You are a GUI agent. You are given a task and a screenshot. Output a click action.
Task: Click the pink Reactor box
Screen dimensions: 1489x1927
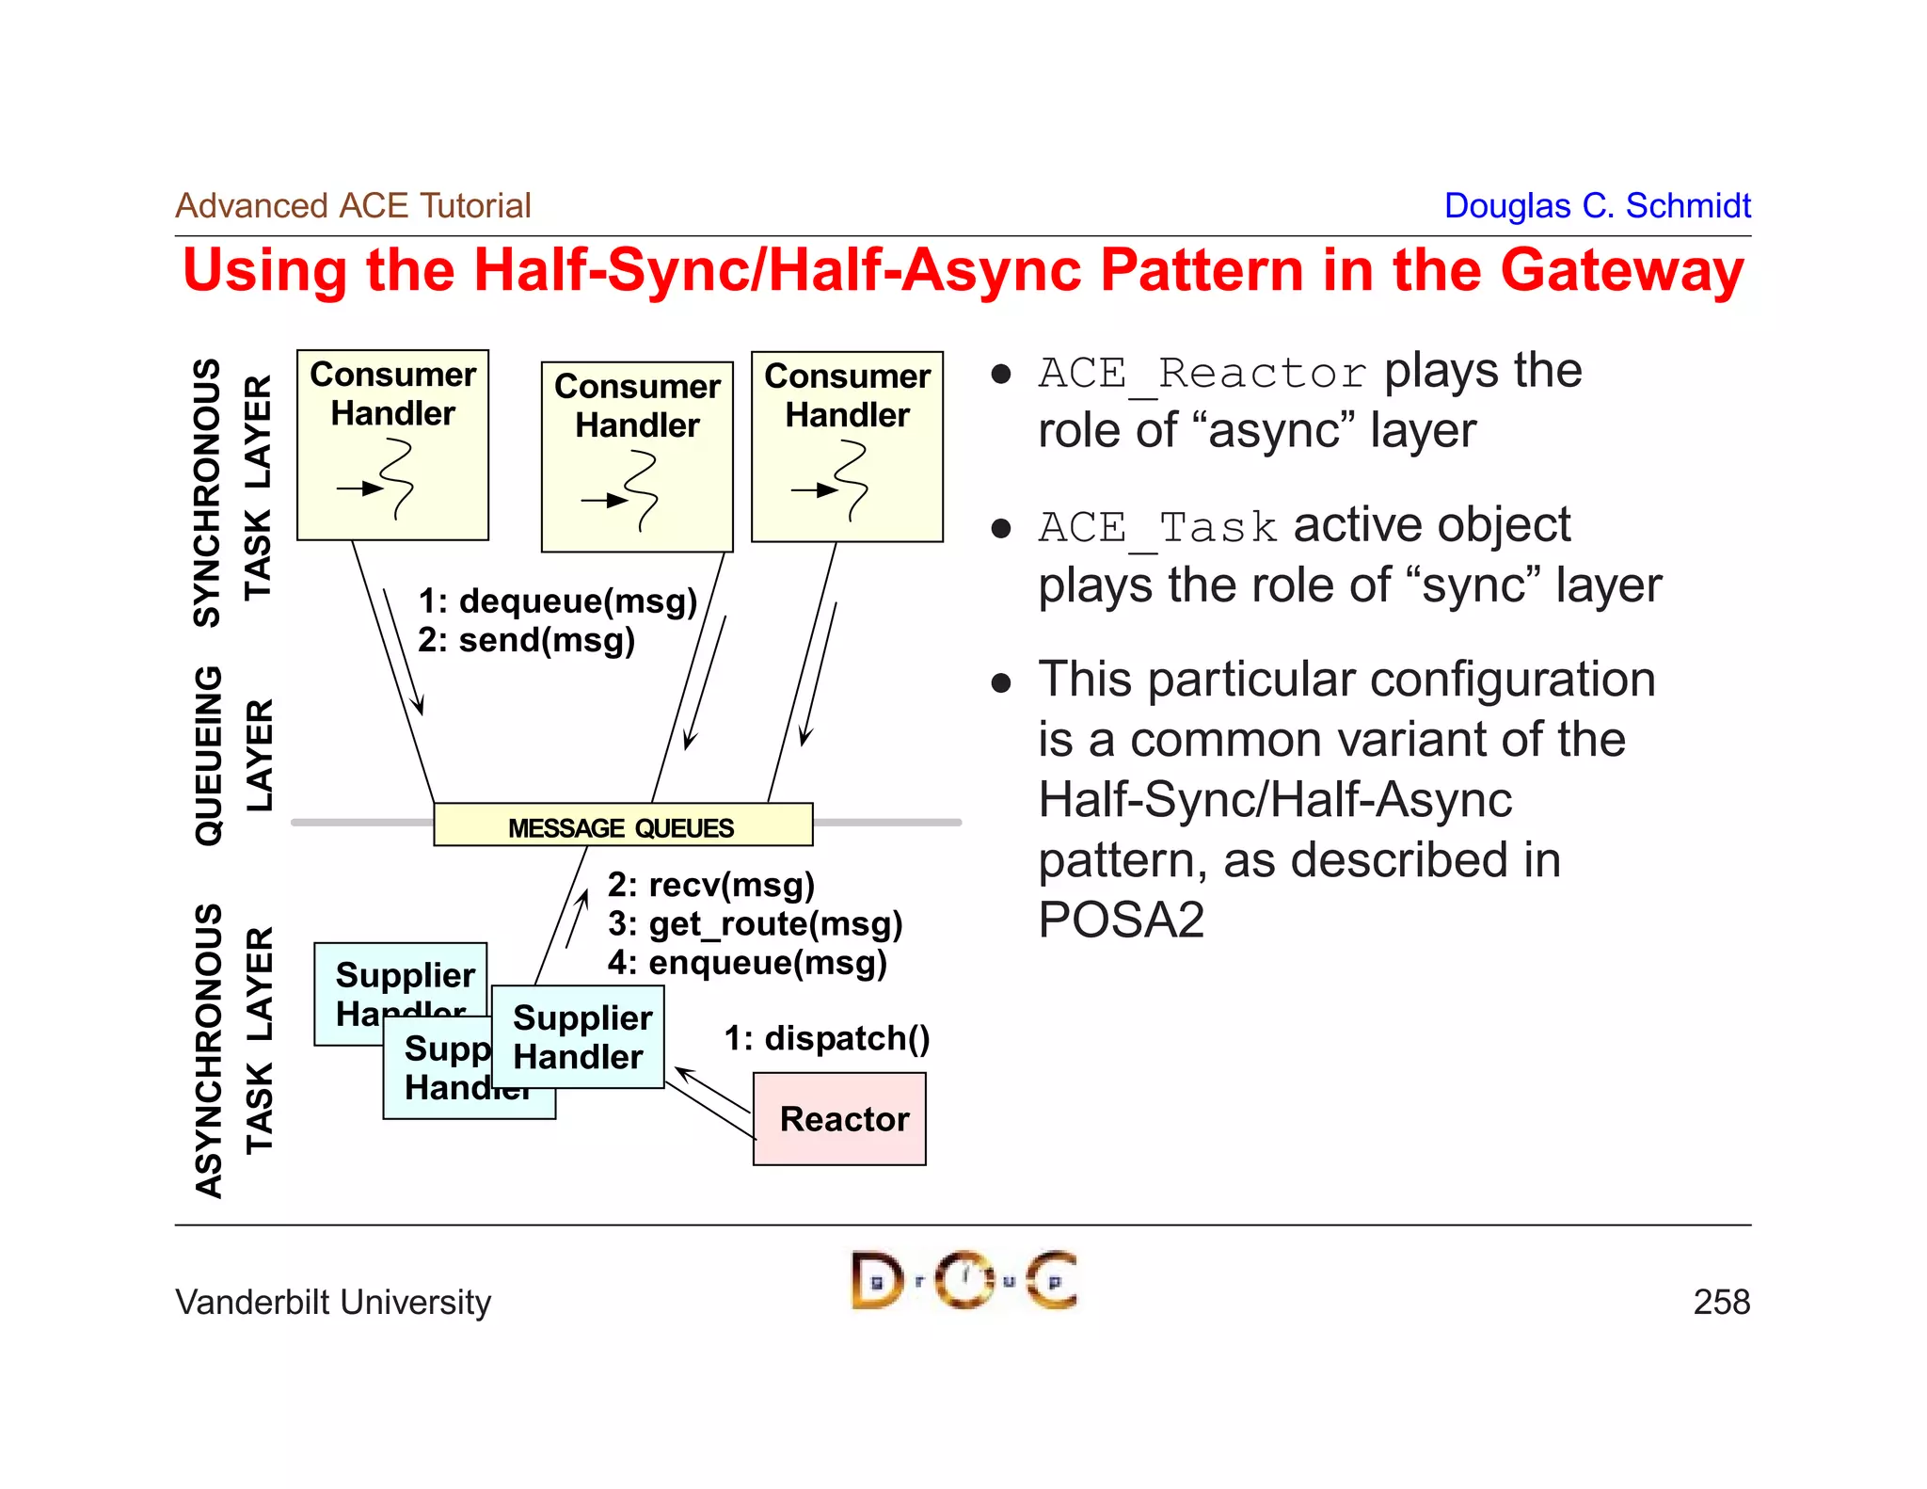[839, 1119]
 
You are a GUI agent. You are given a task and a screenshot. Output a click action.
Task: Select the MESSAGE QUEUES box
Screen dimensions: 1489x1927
[622, 825]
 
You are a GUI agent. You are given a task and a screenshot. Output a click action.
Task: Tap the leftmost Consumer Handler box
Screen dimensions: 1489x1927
[392, 445]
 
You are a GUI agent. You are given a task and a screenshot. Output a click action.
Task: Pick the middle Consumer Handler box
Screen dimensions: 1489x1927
[637, 457]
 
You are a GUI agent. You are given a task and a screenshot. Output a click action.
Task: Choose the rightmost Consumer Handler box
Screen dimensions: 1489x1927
[847, 447]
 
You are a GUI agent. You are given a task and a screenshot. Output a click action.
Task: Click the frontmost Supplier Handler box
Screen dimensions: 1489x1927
[578, 1037]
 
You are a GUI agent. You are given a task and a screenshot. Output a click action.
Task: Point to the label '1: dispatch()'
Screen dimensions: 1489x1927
[826, 1038]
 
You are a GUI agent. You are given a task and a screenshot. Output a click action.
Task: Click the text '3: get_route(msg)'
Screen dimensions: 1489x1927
[755, 924]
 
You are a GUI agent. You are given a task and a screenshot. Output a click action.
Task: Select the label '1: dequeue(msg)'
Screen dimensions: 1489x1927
[557, 600]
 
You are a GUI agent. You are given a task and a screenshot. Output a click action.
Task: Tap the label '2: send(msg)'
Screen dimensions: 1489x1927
[526, 640]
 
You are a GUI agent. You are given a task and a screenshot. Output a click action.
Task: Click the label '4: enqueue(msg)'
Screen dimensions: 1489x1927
[747, 963]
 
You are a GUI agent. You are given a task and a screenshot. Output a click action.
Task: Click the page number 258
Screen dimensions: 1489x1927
[1721, 1302]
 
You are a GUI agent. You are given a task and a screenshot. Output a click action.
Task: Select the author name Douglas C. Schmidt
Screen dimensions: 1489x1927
[1597, 205]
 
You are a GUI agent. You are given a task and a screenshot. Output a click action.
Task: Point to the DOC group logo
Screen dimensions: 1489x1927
[963, 1280]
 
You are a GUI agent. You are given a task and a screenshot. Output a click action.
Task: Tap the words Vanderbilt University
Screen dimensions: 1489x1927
[333, 1302]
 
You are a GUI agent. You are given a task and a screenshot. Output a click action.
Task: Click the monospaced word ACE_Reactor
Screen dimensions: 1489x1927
[1202, 374]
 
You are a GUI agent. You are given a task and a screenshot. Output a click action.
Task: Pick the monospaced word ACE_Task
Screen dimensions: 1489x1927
[1157, 527]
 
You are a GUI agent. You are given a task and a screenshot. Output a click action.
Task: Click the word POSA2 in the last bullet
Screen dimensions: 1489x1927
[1121, 920]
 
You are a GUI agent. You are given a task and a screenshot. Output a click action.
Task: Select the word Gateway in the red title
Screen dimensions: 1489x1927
[1622, 271]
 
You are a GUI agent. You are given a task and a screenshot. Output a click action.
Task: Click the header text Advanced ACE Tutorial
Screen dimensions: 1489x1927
[353, 205]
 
